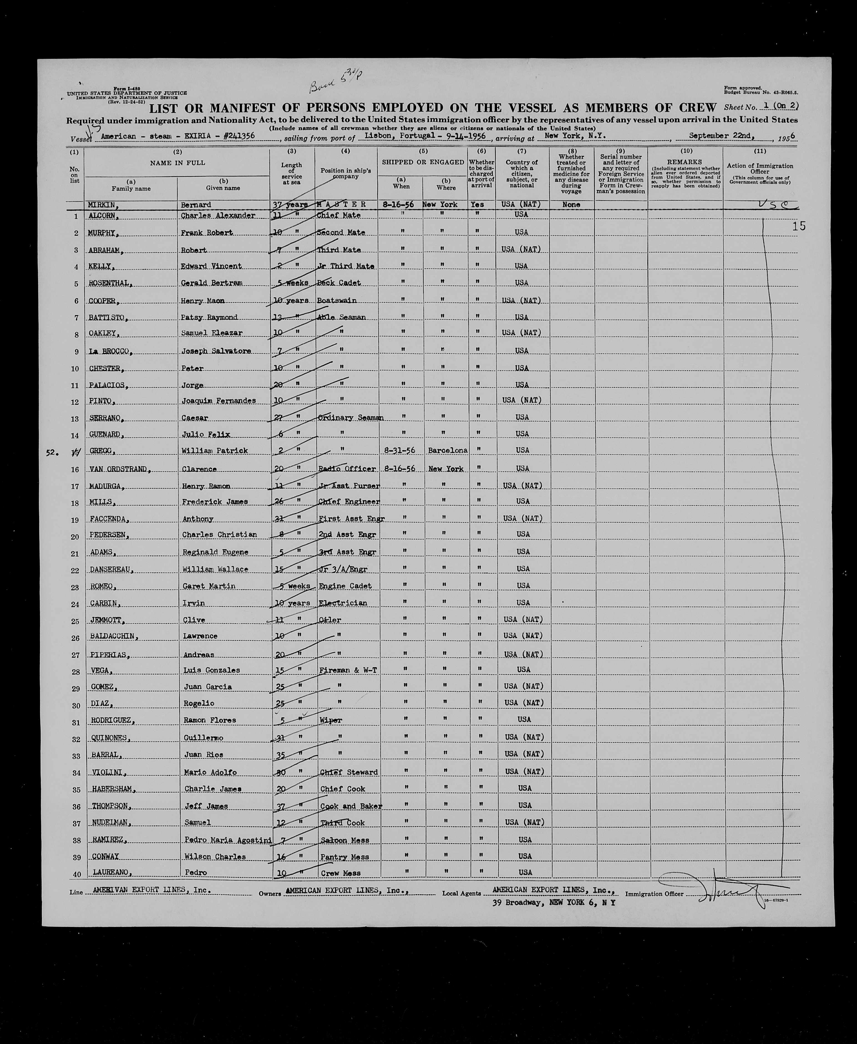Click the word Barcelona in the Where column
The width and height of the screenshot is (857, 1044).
coord(448,450)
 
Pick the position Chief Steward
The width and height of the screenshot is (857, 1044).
coord(349,772)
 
